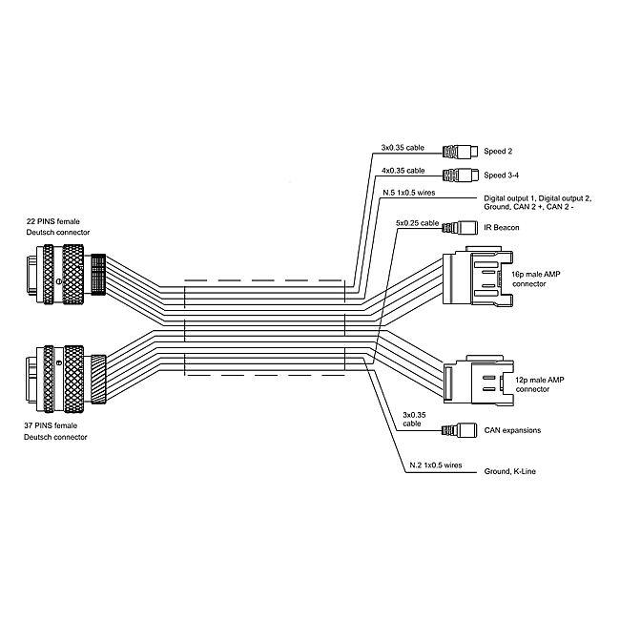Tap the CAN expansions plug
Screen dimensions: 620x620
coord(462,430)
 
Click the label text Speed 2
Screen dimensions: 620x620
coord(498,151)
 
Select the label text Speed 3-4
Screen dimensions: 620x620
coord(502,175)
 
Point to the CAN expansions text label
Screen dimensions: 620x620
coord(512,430)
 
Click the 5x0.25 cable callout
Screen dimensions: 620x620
coord(417,223)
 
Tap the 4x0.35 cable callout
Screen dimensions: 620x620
coord(403,171)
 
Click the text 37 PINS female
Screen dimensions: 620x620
coord(53,424)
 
